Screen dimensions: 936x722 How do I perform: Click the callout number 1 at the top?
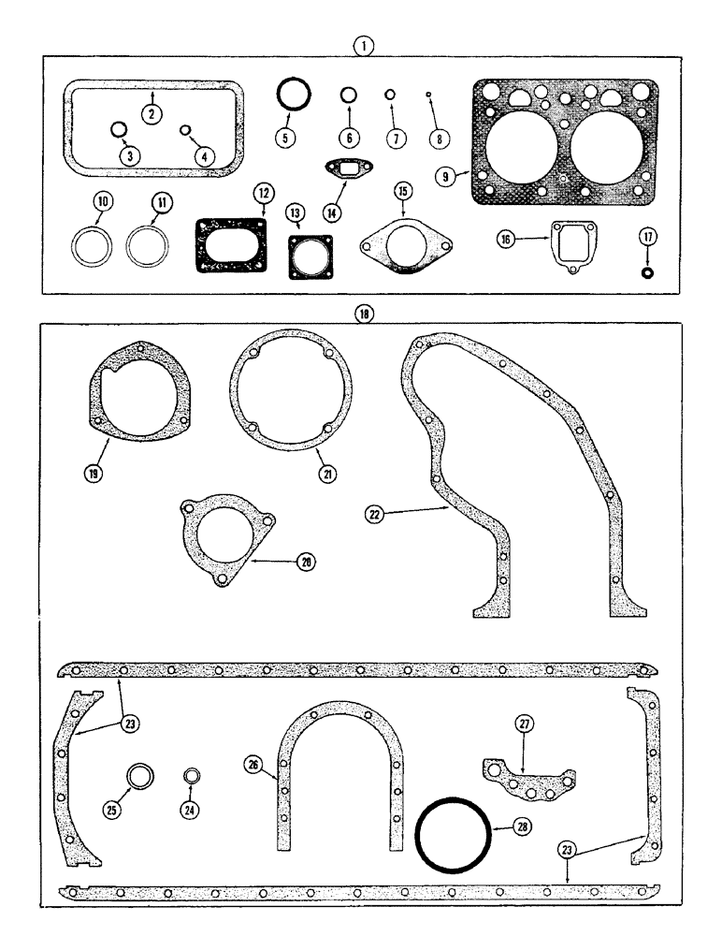364,44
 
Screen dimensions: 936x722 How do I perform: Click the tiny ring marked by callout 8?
427,95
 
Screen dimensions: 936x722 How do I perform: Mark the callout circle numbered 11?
156,202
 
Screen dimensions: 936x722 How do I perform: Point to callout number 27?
524,723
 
